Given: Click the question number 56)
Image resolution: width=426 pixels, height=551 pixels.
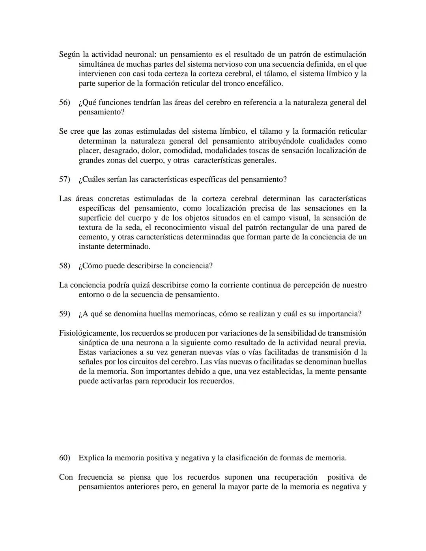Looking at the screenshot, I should [64, 103].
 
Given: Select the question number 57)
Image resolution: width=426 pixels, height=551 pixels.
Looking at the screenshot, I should [64, 179].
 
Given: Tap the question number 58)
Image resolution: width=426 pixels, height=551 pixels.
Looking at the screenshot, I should [64, 266].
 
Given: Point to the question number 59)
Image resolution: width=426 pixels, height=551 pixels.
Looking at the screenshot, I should [64, 314].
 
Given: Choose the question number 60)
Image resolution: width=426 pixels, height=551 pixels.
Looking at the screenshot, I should [64, 458].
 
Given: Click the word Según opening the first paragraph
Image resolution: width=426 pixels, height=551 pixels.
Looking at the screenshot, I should [69, 54].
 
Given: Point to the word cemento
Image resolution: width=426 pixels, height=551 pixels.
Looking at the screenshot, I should [93, 237].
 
